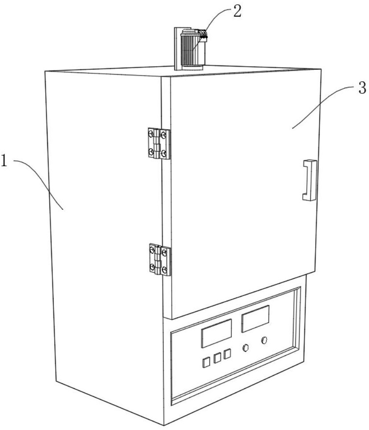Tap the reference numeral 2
(237, 11)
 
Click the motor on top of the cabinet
(192, 50)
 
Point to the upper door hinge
(159, 143)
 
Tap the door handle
(309, 180)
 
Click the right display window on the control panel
(255, 318)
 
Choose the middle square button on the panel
(217, 358)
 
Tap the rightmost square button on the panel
(228, 354)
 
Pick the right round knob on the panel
(265, 341)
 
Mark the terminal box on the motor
(202, 35)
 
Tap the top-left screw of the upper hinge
(152, 133)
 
